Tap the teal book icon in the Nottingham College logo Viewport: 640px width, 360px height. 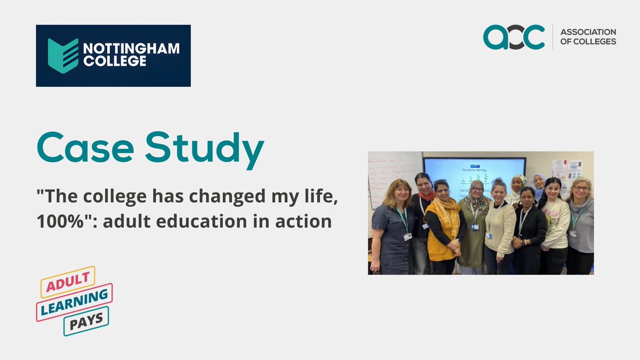[x=63, y=55]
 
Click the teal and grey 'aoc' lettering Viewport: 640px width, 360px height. [x=514, y=37]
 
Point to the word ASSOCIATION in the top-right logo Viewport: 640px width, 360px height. [x=588, y=33]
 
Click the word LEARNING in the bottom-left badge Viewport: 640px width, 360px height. [x=75, y=301]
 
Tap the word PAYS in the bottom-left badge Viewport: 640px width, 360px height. [x=86, y=319]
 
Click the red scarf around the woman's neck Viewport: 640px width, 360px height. [x=427, y=195]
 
